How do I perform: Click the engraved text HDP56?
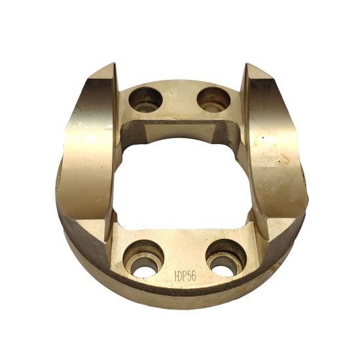pyautogui.click(x=185, y=276)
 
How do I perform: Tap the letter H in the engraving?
pyautogui.click(x=177, y=276)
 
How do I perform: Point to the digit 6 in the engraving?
pyautogui.click(x=194, y=276)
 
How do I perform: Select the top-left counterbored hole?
pyautogui.click(x=145, y=99)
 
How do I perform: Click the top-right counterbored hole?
pyautogui.click(x=213, y=99)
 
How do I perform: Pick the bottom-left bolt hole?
pyautogui.click(x=143, y=259)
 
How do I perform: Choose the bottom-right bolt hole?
pyautogui.click(x=226, y=258)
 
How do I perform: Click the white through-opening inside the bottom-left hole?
pyautogui.click(x=143, y=271)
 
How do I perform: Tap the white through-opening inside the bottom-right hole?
pyautogui.click(x=223, y=271)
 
